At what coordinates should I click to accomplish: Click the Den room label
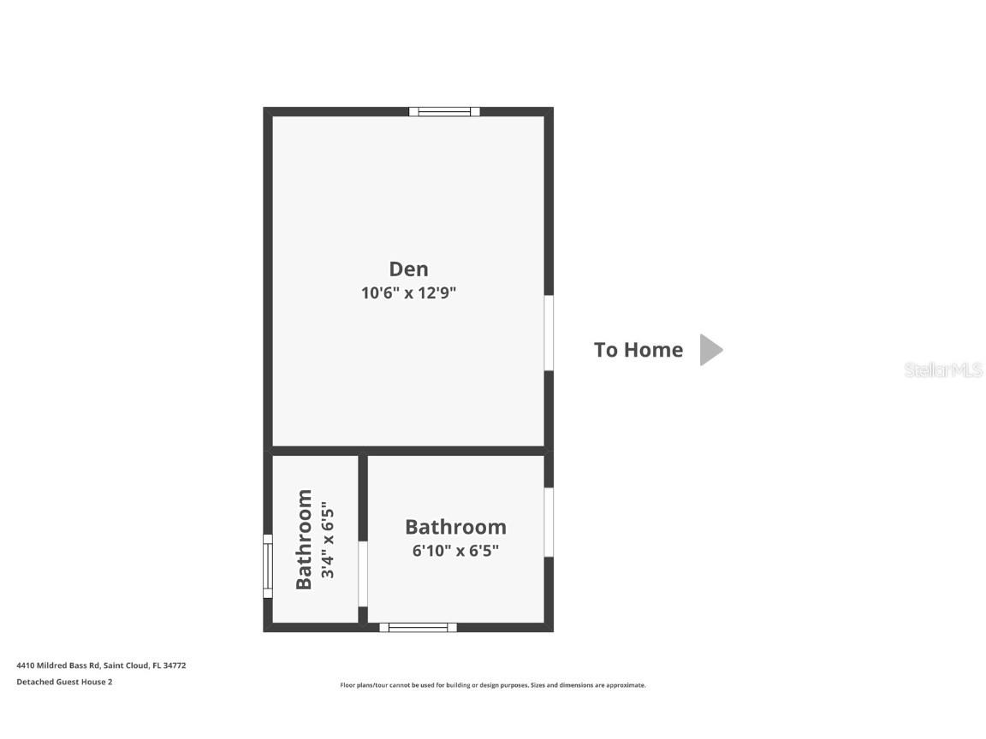(x=408, y=269)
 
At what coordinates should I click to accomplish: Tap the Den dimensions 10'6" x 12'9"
(x=408, y=293)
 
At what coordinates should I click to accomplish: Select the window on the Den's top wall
(x=444, y=111)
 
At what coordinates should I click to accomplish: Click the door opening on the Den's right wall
(x=549, y=333)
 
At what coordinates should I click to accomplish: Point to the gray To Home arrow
(x=710, y=350)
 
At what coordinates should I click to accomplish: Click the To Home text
(x=639, y=350)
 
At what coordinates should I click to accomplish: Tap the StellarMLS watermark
(x=944, y=370)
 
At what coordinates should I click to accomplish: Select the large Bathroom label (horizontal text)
(x=455, y=527)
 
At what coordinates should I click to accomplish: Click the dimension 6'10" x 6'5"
(x=455, y=551)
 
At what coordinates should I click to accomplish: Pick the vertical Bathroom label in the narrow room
(x=304, y=539)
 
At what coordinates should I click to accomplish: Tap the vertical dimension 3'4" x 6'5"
(x=327, y=540)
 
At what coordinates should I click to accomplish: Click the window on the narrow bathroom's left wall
(x=267, y=566)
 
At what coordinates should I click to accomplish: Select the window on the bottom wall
(x=419, y=627)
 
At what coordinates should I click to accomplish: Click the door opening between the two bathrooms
(x=363, y=573)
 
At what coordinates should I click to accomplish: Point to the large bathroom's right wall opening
(x=549, y=522)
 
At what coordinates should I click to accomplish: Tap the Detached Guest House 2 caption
(x=64, y=682)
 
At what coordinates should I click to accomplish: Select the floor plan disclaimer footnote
(x=493, y=685)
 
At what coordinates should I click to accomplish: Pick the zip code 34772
(x=175, y=665)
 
